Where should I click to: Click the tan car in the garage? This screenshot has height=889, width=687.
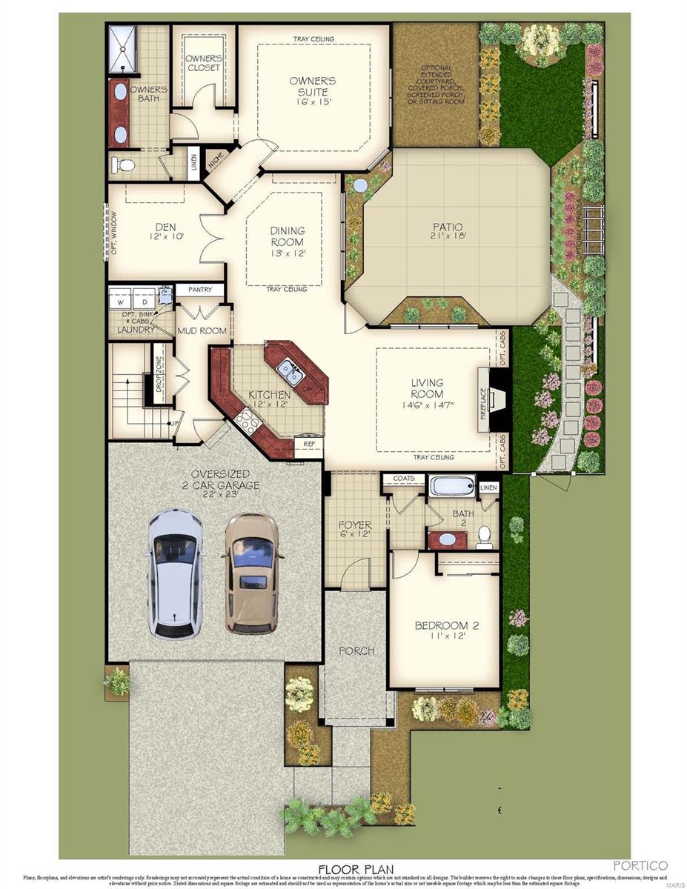tap(252, 573)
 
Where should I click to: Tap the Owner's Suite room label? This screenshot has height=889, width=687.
tap(313, 87)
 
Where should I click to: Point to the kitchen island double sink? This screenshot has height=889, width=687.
tap(289, 371)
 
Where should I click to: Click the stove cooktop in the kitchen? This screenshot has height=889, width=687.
tap(246, 422)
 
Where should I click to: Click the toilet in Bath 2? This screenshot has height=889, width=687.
tap(484, 536)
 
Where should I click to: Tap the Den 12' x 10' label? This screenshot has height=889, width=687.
tap(165, 232)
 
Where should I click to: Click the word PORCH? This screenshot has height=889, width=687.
tap(356, 651)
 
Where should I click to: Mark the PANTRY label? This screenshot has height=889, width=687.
tap(200, 290)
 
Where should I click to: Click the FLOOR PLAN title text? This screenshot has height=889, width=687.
tap(356, 868)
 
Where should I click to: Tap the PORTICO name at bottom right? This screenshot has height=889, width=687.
tap(640, 865)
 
